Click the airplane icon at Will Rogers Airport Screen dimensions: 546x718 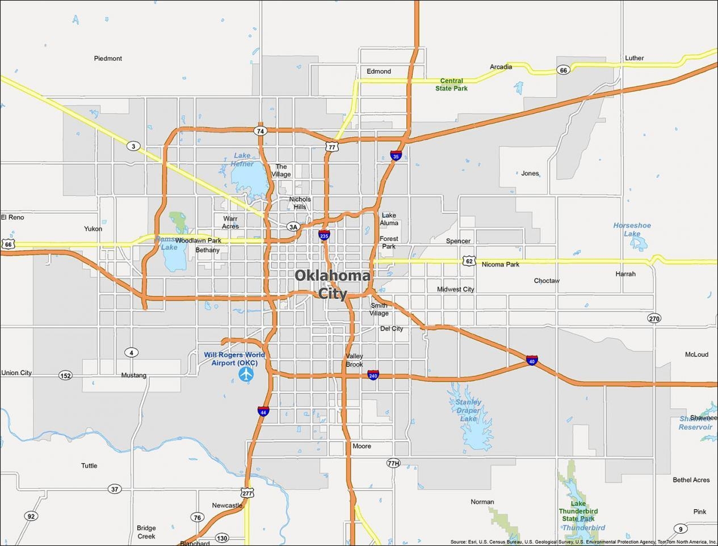click(x=246, y=374)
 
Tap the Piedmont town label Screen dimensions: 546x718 click(x=108, y=58)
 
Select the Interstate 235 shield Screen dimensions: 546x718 click(x=324, y=235)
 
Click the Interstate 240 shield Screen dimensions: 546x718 click(x=373, y=375)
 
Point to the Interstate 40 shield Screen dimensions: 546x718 click(x=532, y=361)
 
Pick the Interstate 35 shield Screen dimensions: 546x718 click(x=396, y=155)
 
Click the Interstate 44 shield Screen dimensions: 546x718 click(x=263, y=411)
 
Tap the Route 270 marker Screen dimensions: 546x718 click(x=654, y=318)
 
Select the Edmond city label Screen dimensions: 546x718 click(x=379, y=71)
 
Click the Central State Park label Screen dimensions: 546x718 click(x=451, y=84)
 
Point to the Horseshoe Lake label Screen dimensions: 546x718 click(x=632, y=229)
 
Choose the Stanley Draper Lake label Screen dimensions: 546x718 click(x=468, y=410)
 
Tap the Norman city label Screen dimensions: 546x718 click(x=482, y=502)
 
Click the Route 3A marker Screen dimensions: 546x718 click(x=293, y=227)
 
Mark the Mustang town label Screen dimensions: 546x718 click(x=133, y=375)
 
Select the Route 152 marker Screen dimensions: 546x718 click(x=65, y=375)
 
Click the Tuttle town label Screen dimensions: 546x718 click(x=89, y=465)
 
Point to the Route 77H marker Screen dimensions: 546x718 click(x=393, y=463)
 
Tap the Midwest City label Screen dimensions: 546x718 click(x=455, y=289)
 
